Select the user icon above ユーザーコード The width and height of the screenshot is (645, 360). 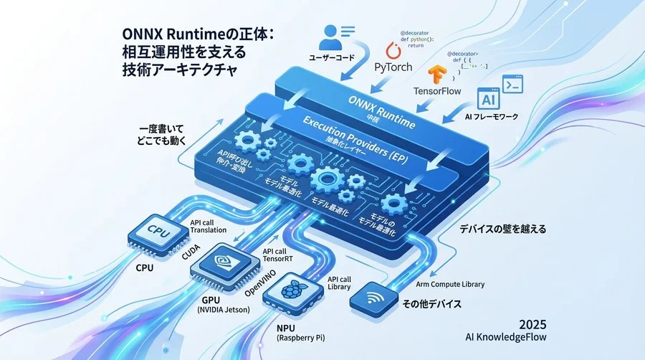[331, 35]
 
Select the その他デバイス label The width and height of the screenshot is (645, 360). [429, 304]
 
